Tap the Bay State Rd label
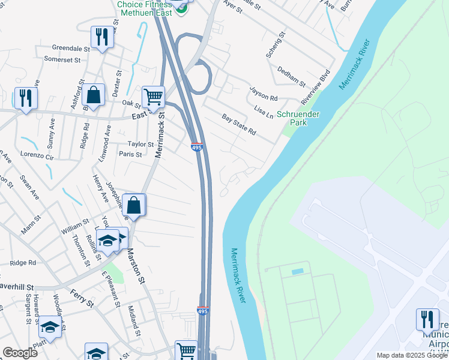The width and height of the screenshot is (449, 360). [239, 125]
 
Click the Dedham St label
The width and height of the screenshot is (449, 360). [291, 76]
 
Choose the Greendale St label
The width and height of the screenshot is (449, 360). [70, 47]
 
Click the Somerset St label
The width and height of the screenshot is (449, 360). [62, 59]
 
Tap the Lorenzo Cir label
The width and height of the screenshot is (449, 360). [37, 156]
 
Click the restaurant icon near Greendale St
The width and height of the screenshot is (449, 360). [101, 37]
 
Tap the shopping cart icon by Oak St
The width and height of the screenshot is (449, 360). [153, 97]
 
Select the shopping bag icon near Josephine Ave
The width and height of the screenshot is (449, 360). [134, 205]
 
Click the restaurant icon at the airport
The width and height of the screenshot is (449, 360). [427, 320]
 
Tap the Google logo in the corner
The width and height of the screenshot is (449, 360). [20, 353]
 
